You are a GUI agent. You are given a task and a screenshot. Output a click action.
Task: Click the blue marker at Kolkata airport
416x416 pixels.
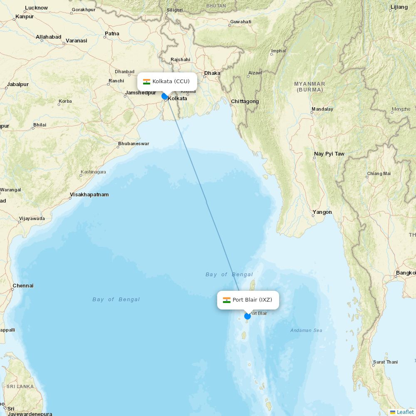coord(164,96)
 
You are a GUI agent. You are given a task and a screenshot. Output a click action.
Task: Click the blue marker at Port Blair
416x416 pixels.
coord(248,316)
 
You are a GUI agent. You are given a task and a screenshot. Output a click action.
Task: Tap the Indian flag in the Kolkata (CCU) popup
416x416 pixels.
coord(146,82)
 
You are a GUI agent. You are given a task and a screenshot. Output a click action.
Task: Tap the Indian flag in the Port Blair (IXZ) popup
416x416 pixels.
coord(227,300)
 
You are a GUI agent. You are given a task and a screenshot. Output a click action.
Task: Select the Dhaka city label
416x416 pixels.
coord(212,73)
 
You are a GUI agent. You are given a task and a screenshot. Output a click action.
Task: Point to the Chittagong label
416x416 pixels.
coord(245,102)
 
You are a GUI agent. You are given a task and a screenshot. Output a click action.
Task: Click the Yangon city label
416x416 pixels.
coord(322,212)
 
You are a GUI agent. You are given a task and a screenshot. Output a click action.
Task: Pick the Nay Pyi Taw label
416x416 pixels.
coord(329,154)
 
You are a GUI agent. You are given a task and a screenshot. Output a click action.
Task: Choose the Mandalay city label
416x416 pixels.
coord(322,109)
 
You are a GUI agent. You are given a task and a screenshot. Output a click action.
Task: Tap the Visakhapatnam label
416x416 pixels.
coord(89,195)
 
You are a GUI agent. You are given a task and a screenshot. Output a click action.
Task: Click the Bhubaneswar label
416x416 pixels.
coord(134,144)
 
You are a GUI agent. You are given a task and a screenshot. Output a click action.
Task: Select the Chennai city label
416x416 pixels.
coord(23,286)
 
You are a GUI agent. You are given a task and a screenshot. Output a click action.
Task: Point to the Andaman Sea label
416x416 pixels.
coord(306,330)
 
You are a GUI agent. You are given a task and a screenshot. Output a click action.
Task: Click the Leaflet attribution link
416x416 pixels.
coord(405,412)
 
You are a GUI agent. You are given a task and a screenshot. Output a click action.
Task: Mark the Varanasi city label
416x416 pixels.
coord(77,41)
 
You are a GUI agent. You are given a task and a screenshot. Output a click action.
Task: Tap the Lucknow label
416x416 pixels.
coord(36,8)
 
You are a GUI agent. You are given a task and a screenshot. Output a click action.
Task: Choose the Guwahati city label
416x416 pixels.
coord(241,22)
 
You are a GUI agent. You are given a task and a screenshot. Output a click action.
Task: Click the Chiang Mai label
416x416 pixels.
coord(379,174)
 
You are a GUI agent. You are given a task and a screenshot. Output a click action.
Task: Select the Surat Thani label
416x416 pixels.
coord(385,362)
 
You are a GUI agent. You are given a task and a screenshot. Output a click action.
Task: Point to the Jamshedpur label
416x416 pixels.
coord(140,93)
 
